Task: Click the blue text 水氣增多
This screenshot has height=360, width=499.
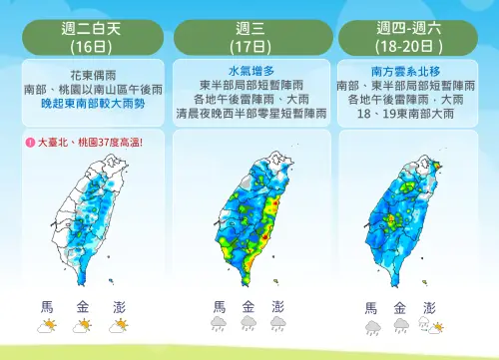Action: (x=249, y=72)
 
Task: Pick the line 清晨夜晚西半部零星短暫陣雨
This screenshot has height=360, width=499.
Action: (x=249, y=114)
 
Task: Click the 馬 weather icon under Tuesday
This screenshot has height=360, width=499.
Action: (x=47, y=325)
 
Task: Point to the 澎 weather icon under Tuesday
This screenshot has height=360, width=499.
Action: (x=120, y=325)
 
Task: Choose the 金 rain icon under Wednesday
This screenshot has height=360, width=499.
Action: (x=249, y=325)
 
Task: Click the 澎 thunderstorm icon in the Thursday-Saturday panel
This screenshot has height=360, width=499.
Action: (x=430, y=326)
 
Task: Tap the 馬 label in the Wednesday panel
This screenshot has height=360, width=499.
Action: (x=219, y=306)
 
